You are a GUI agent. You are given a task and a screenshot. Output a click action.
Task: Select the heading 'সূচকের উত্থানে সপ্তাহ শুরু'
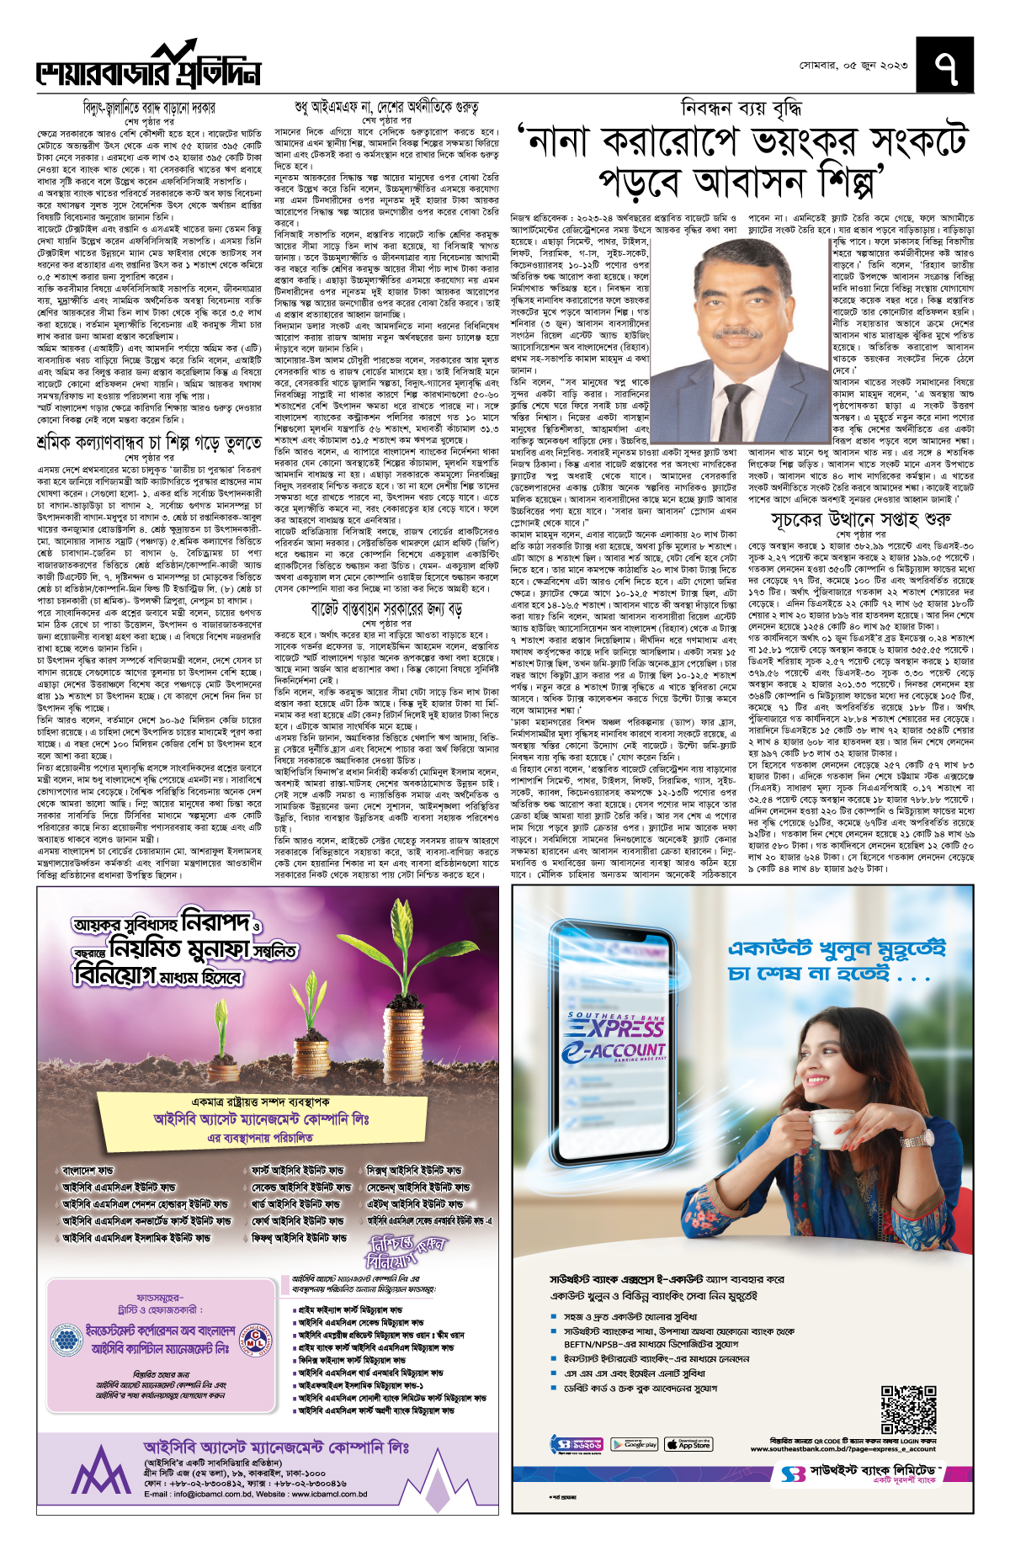pos(861,519)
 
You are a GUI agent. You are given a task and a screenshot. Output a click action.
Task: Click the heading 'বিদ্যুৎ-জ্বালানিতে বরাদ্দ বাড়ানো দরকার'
pos(149,108)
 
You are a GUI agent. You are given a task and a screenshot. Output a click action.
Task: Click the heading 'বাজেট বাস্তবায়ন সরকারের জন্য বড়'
pos(386,608)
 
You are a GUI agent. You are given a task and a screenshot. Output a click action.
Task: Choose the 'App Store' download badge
pos(688,1445)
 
